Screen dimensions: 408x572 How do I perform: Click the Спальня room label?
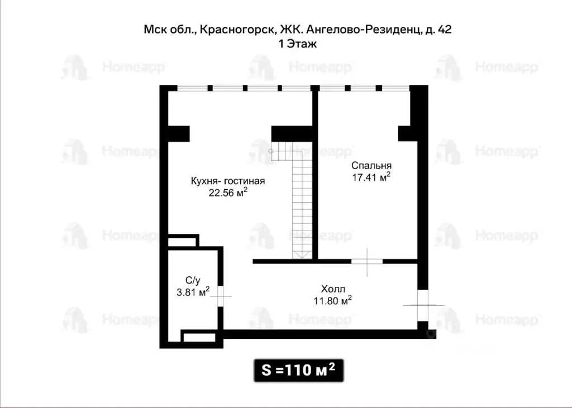pyautogui.click(x=371, y=166)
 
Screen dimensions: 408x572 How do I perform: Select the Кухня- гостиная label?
pyautogui.click(x=227, y=181)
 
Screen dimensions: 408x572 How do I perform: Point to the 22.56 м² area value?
pyautogui.click(x=228, y=193)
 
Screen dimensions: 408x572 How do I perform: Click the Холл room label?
pyautogui.click(x=333, y=289)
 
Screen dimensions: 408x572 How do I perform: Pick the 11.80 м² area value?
pyautogui.click(x=332, y=301)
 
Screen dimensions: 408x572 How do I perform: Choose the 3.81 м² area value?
pyautogui.click(x=193, y=292)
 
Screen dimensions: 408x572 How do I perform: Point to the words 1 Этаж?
pyautogui.click(x=298, y=45)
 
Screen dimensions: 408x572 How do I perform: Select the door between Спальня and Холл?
pyautogui.click(x=367, y=261)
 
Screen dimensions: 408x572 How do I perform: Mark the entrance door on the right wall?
pyautogui.click(x=423, y=305)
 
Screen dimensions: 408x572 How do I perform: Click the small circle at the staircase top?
pyautogui.click(x=272, y=151)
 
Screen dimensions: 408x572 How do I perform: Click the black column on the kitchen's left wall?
pyautogui.click(x=178, y=134)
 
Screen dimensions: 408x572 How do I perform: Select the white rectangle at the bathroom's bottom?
pyautogui.click(x=199, y=337)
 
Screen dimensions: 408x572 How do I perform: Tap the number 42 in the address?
pyautogui.click(x=445, y=30)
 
